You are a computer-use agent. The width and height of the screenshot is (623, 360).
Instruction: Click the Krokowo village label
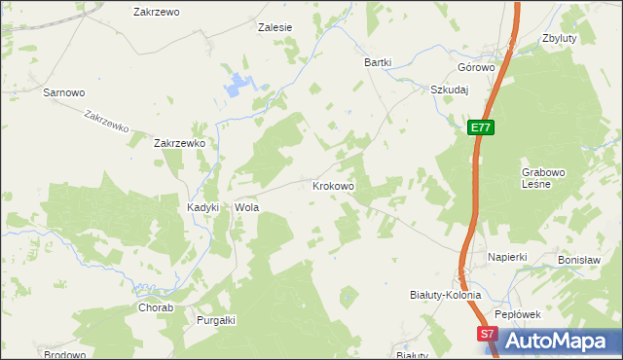point(333,185)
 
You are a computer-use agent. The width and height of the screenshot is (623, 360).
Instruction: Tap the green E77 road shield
point(480,127)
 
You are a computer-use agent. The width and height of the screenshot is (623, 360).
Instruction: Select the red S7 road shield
point(489,334)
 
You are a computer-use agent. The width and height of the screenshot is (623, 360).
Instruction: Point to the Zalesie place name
point(275,28)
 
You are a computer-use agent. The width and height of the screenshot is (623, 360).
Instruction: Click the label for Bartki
point(378,62)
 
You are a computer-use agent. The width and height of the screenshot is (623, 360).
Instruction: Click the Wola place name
point(245,208)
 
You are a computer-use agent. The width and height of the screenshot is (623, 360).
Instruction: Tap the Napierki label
point(507,257)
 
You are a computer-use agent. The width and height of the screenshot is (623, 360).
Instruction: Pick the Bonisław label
point(577,261)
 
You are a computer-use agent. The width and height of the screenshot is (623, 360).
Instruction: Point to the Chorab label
point(156,308)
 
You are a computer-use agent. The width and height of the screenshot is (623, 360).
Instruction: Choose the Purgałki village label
point(217,320)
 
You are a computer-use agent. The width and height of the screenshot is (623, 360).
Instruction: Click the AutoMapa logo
point(555,341)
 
